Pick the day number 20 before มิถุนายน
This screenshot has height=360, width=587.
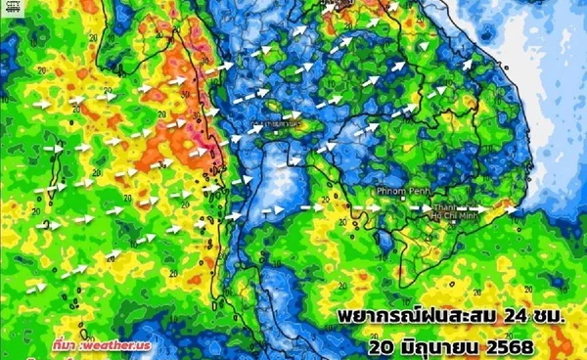[x=384, y=347]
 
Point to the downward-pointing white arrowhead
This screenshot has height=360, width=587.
[x=423, y=45]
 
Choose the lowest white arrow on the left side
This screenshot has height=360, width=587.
[x=37, y=286]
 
